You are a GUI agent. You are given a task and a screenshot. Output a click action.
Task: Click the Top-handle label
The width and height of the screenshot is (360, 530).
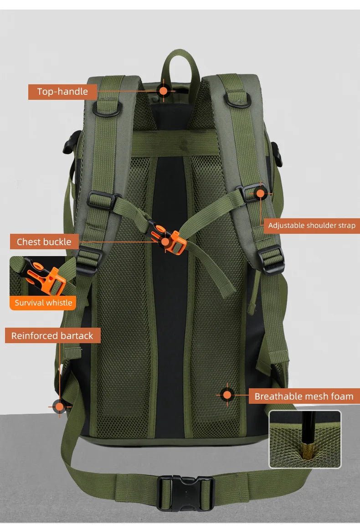tap(62, 92)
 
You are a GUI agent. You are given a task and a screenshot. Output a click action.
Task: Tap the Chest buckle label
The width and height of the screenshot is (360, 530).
tap(44, 242)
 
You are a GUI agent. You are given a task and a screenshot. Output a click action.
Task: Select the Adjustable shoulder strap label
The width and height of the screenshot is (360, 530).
tap(312, 225)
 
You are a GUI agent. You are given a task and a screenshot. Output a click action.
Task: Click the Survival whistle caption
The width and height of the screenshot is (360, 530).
tap(43, 303)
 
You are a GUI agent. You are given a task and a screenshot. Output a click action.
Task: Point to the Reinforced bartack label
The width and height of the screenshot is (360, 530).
tap(52, 336)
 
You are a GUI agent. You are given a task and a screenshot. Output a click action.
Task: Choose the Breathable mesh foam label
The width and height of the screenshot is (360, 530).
tap(304, 396)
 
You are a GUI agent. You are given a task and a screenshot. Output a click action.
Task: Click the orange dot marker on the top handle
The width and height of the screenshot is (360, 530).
tap(163, 90)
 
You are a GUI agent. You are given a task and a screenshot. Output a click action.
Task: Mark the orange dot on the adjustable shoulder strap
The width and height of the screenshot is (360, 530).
tap(260, 193)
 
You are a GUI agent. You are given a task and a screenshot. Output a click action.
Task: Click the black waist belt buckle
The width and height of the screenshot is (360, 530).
tap(185, 493)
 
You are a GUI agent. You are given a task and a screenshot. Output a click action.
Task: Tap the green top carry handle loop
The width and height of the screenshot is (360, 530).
tap(180, 64)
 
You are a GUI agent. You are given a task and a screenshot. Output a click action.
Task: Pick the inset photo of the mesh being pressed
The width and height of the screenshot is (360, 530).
tap(305, 439)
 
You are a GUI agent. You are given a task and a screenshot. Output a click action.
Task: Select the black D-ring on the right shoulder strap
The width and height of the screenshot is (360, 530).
tap(237, 99)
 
